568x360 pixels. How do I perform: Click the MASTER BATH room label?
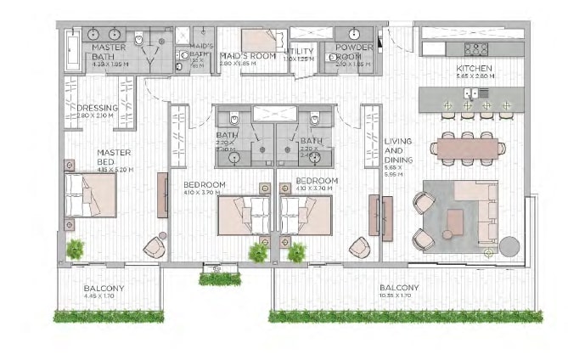109,53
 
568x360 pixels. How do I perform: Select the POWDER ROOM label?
354,53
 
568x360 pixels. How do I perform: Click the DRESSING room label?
98,109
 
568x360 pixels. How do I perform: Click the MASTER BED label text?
112,157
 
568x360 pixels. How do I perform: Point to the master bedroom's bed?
90,195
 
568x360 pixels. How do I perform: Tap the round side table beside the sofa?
509,246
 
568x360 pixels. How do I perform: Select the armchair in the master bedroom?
155,246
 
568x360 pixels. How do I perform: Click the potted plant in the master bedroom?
76,249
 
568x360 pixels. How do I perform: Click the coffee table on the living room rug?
455,222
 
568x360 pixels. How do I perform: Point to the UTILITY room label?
302,53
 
